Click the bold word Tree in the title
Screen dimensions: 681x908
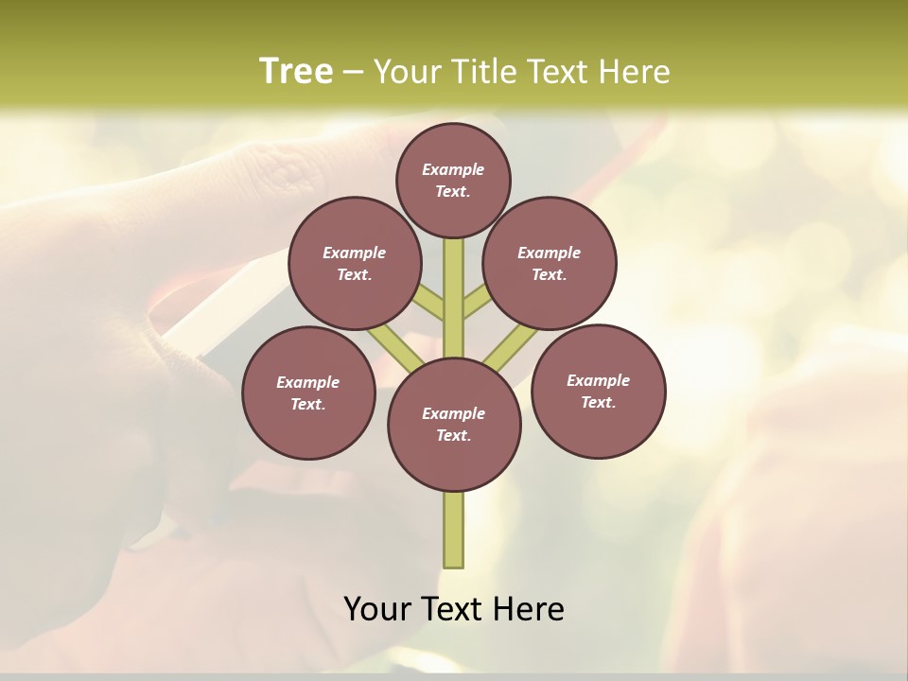coord(296,71)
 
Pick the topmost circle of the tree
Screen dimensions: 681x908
coord(453,180)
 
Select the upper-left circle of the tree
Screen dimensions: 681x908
coord(355,263)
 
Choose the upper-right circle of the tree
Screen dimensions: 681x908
coord(550,263)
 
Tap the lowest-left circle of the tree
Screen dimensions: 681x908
coord(308,393)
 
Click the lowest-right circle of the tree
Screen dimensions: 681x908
coord(598,391)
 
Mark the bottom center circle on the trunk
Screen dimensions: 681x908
coord(454,425)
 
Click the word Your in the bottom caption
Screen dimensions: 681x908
coord(378,608)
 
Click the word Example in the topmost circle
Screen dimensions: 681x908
coord(453,169)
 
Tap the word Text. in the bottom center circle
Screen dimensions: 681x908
coord(453,436)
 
